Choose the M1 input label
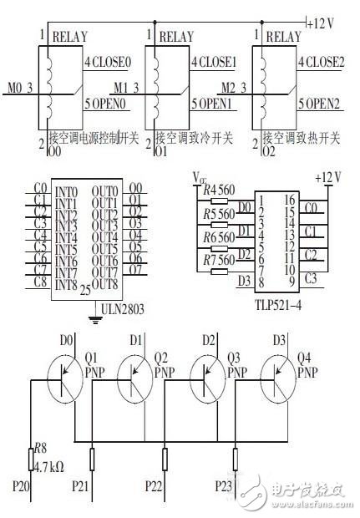click(x=122, y=88)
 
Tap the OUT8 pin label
click(x=105, y=285)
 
